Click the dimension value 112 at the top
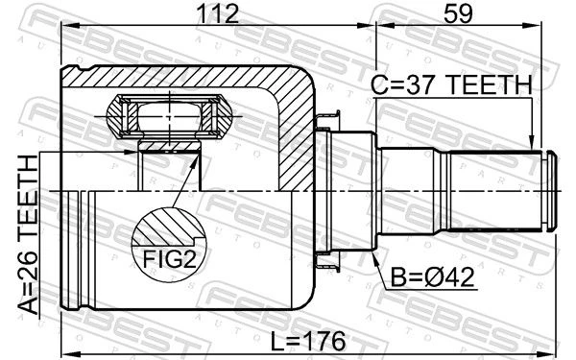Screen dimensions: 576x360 pyautogui.click(x=218, y=13)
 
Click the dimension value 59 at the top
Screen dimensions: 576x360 pyautogui.click(x=458, y=13)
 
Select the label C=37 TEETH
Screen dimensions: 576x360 pyautogui.click(x=451, y=84)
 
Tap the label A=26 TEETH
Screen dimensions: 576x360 pyautogui.click(x=28, y=235)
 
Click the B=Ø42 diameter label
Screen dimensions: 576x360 pyautogui.click(x=432, y=277)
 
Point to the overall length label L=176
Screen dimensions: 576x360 pyautogui.click(x=308, y=341)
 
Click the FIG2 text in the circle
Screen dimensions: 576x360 pyautogui.click(x=170, y=259)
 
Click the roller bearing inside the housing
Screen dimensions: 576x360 pyautogui.click(x=169, y=116)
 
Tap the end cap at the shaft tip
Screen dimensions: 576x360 pyautogui.click(x=549, y=191)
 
